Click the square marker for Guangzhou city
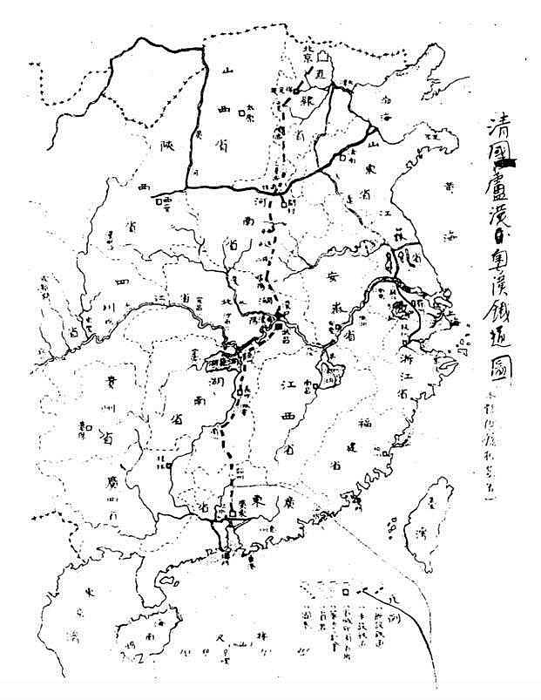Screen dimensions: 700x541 click(x=229, y=527)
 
